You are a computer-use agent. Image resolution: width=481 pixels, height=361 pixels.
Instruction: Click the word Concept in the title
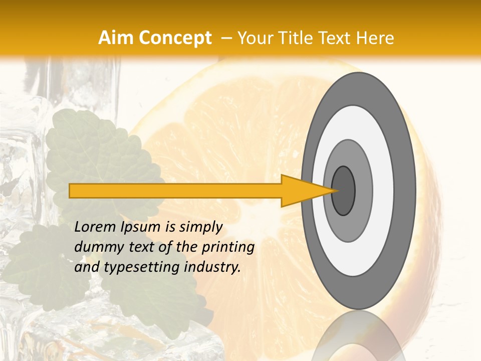click(175, 38)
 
